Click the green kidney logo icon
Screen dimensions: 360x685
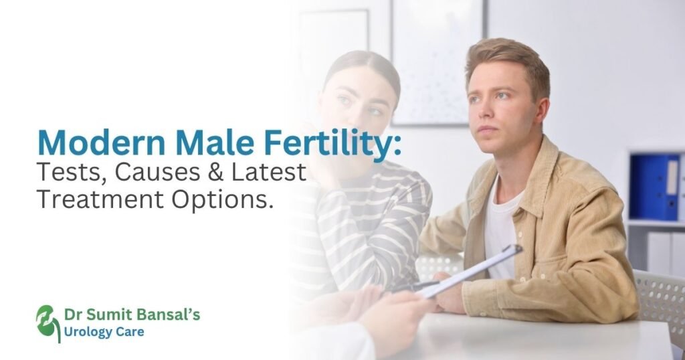coord(47,322)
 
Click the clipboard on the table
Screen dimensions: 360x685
coord(468,270)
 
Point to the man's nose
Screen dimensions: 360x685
coord(483,114)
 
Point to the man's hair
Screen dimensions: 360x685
coord(508,57)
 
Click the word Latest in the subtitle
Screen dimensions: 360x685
coord(268,173)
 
